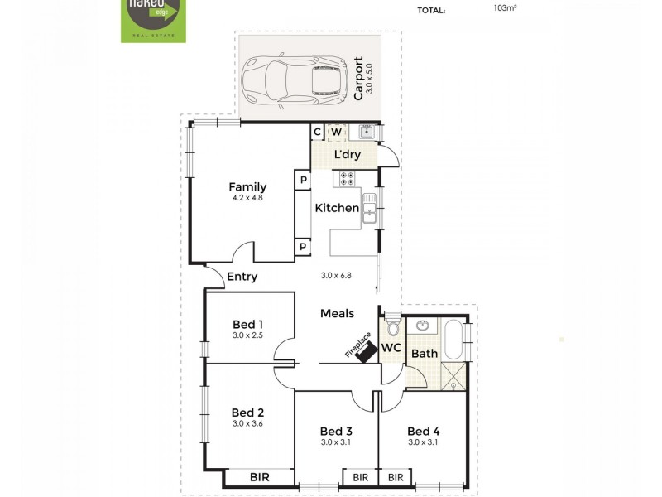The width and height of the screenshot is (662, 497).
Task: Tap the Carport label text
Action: (x=358, y=78)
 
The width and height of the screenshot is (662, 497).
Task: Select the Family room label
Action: (x=247, y=186)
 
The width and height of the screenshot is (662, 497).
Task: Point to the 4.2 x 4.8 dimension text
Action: (x=247, y=199)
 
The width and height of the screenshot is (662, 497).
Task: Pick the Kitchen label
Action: (x=336, y=208)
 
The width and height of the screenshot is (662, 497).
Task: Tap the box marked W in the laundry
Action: (x=337, y=133)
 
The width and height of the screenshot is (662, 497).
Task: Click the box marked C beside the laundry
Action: (x=317, y=133)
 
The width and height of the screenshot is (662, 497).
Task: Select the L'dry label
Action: (x=347, y=154)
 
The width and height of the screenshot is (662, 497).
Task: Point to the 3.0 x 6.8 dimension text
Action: (x=337, y=276)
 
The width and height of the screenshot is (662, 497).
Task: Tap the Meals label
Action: (x=338, y=313)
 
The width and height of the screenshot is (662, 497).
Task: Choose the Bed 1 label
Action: (x=247, y=324)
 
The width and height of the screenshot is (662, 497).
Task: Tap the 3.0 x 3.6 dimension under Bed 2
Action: (x=247, y=424)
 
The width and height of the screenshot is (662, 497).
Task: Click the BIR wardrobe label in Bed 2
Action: (x=259, y=476)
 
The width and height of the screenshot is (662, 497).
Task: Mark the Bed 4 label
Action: (x=422, y=431)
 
